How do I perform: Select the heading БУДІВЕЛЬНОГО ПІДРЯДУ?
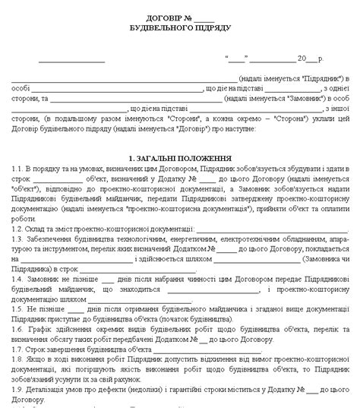179,27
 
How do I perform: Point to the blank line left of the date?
72,59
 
